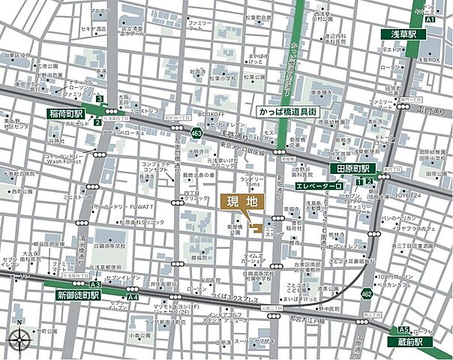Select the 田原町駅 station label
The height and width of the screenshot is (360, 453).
click(354, 169)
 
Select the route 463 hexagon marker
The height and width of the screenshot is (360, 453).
click(196, 133)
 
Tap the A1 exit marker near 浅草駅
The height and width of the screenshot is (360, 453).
click(430, 21)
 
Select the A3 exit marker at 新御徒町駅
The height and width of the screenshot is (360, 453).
click(94, 285)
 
